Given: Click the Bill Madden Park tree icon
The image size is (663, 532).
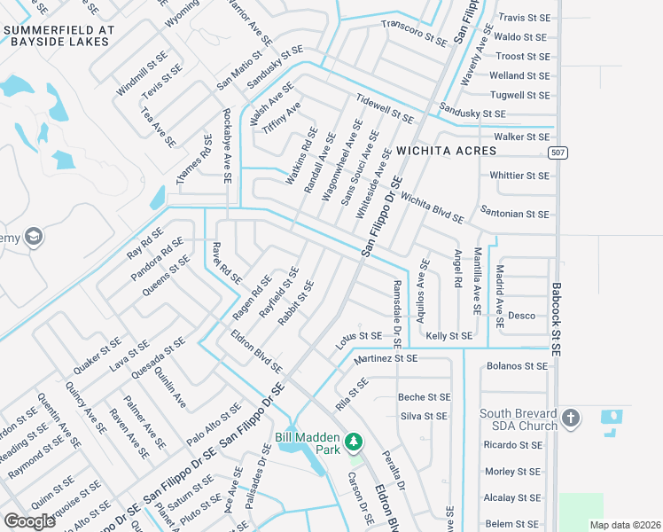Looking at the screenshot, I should (354, 441).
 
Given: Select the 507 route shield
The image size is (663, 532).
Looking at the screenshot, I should (557, 153).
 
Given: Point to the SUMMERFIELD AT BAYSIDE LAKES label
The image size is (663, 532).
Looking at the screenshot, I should (59, 35).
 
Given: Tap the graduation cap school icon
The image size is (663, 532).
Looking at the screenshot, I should (33, 237).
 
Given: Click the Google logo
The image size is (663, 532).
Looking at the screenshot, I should (29, 521).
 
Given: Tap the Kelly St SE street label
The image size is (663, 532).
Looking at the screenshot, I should (448, 336).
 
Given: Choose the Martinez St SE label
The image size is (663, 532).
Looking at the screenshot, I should (385, 359).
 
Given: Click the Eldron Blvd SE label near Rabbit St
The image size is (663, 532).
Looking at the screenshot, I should (256, 351).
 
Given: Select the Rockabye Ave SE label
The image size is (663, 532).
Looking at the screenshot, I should (227, 146).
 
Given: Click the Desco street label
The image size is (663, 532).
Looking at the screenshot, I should (521, 316).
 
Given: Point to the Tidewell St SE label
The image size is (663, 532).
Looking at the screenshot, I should (384, 108).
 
